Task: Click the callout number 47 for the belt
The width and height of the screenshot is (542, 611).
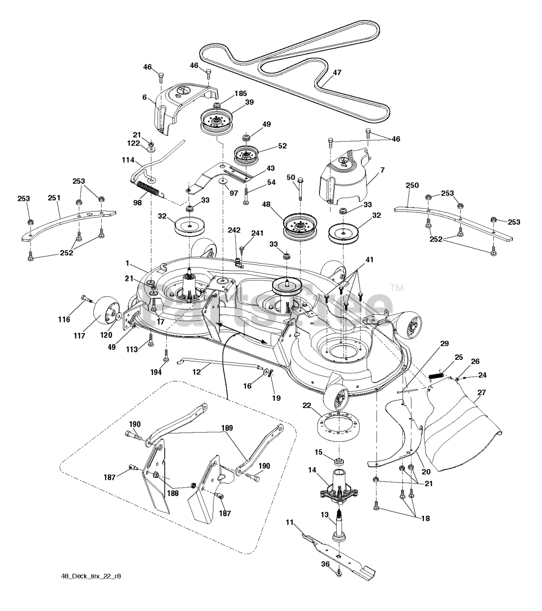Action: (337, 73)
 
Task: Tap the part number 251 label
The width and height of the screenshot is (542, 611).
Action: (54, 198)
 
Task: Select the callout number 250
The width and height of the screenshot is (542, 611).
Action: (412, 185)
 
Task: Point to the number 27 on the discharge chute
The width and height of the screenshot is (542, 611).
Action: (482, 392)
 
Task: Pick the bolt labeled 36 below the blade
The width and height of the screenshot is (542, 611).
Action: (338, 573)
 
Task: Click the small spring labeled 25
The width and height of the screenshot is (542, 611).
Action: (436, 376)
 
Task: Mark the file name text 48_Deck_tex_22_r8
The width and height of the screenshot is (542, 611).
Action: (91, 585)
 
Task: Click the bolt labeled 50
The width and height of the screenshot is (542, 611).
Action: (300, 189)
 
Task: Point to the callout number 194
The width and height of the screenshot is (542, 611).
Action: (156, 372)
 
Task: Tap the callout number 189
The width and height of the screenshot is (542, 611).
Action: (227, 428)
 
